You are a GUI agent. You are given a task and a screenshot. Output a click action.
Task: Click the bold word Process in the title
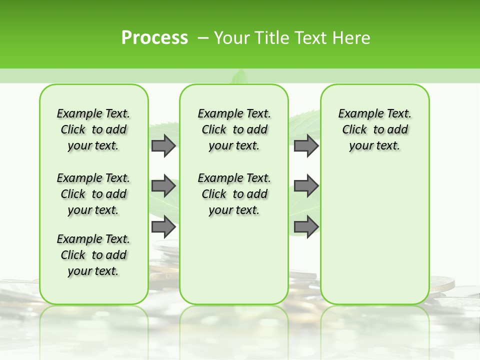pos(154,38)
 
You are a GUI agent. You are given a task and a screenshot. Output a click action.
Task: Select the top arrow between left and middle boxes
pos(163,146)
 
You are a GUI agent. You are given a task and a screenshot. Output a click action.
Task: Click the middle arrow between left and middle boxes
pos(163,186)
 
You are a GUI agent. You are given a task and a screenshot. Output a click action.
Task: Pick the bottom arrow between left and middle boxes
pos(163,227)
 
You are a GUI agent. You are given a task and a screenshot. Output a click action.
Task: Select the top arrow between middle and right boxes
pos(306,146)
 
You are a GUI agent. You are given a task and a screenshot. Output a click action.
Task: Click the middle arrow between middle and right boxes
pos(306,186)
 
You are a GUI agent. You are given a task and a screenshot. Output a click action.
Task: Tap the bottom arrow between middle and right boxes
pos(306,227)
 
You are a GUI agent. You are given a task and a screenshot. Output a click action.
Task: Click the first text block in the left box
pos(93,129)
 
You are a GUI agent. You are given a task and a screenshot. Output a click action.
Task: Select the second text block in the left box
pos(93,194)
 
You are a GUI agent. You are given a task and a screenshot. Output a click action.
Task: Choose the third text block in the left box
pos(93,255)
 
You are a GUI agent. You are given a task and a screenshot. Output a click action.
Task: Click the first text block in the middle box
pos(234,129)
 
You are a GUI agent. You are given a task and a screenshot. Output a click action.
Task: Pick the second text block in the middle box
pos(234,194)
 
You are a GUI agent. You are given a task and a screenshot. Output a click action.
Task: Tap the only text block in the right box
pos(374,129)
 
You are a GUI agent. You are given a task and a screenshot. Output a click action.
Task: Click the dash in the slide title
pos(203,38)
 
